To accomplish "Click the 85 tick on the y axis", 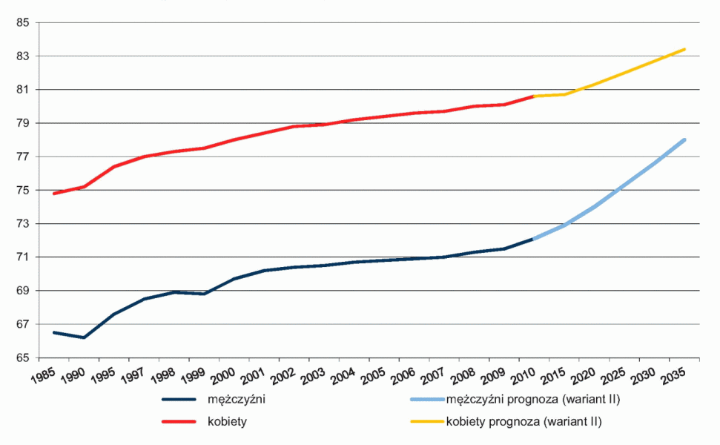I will pos(22,23).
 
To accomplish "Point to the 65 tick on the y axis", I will pos(22,358).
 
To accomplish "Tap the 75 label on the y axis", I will pos(22,191).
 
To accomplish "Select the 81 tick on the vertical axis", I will pos(22,90).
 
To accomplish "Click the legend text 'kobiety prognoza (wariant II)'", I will pos(524,422).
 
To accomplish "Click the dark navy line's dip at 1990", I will pos(84,337).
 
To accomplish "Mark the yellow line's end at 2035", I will pos(684,50).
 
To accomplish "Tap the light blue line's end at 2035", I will pos(684,140).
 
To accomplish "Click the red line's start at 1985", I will pos(54,194).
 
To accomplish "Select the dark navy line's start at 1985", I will pos(54,332).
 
